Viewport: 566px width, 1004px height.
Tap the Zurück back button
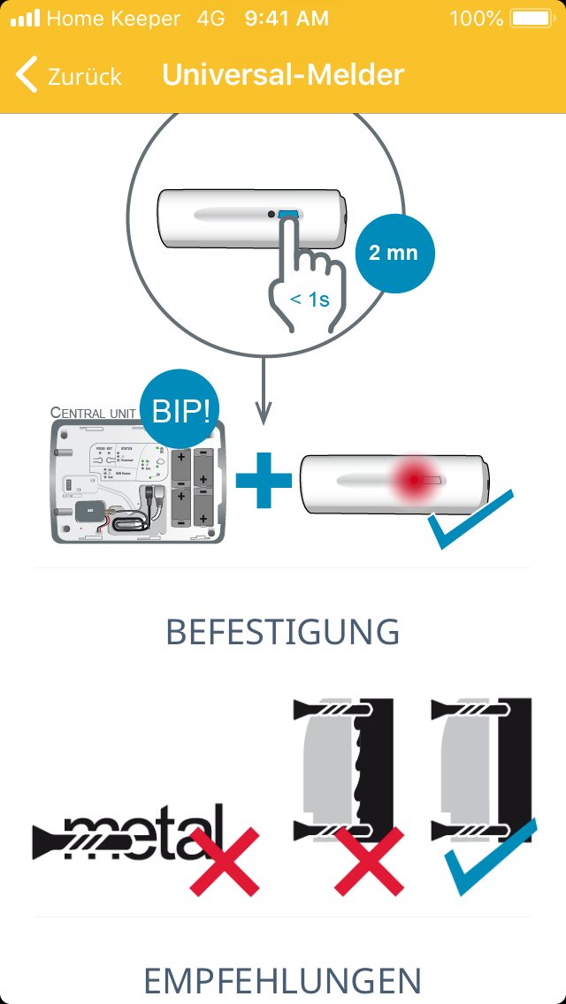69,76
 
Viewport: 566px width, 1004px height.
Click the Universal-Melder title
283,75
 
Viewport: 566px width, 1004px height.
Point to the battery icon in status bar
531,19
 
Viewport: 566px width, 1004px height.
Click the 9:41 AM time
287,19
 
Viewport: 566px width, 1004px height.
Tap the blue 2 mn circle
393,253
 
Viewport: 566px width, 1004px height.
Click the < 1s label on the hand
310,300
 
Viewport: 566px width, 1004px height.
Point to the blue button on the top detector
288,215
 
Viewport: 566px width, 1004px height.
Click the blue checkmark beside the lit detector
469,521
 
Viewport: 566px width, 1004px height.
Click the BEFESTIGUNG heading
283,632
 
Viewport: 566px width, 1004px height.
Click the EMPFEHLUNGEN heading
283,980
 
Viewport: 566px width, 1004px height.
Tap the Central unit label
92,413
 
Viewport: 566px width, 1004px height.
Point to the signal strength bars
25,19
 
